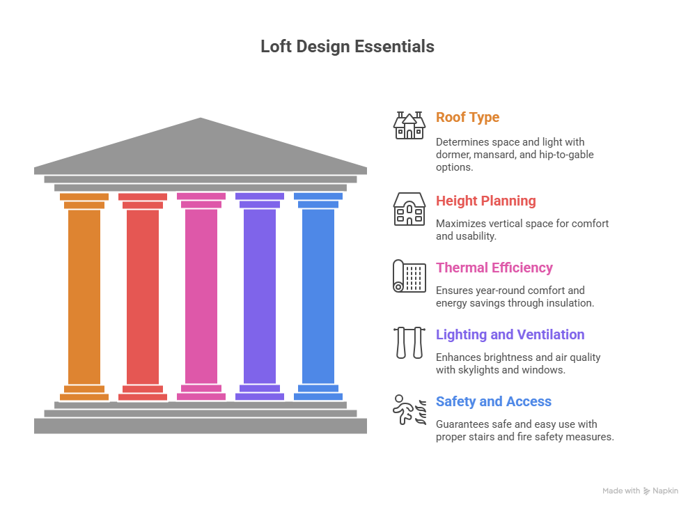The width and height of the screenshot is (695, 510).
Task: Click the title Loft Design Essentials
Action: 347,47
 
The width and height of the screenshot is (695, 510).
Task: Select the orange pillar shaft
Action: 84,296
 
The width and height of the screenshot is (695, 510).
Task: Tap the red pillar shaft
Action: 143,296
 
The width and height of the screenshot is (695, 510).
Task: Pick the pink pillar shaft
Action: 201,296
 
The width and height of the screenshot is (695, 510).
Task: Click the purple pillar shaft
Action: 260,296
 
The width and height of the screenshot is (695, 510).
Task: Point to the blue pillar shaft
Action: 318,296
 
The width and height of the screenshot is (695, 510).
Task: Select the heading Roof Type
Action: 467,117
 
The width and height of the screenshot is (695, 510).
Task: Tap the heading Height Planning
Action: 485,201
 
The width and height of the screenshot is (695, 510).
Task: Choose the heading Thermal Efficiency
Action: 494,268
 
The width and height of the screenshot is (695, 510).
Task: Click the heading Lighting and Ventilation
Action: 510,334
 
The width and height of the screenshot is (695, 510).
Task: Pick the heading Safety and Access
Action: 493,401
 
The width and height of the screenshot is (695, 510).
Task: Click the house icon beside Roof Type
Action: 409,125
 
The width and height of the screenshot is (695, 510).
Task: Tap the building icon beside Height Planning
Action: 409,209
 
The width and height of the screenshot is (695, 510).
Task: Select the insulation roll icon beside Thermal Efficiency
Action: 409,276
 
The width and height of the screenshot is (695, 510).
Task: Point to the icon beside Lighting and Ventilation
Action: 409,342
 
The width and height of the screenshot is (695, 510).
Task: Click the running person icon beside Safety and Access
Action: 409,410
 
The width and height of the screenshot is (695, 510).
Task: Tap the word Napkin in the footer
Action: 666,491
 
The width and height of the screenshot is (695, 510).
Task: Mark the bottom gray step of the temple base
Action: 201,426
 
